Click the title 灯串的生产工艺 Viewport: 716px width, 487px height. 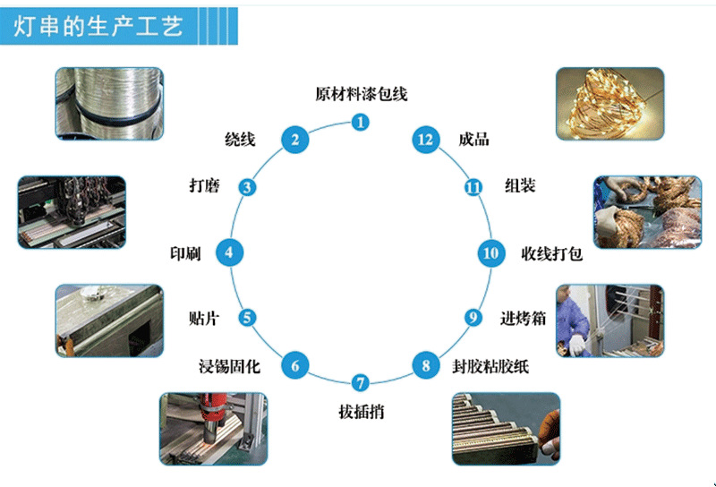[x=99, y=27]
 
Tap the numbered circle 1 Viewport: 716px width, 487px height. [x=360, y=122]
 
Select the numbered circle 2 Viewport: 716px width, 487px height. [x=294, y=139]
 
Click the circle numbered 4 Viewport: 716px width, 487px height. [x=230, y=253]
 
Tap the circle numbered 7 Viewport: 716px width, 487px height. [x=360, y=384]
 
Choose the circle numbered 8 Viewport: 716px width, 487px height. [x=425, y=365]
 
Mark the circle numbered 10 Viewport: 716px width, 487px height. [x=490, y=253]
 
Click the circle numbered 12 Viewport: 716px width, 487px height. [x=425, y=139]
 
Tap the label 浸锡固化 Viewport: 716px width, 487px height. [x=229, y=366]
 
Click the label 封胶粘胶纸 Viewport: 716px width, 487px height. [x=485, y=366]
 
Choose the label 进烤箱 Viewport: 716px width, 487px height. [x=523, y=318]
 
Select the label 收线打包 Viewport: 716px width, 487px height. [x=552, y=253]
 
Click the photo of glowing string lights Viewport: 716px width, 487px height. [x=609, y=103]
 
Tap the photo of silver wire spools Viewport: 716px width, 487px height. [x=108, y=103]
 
